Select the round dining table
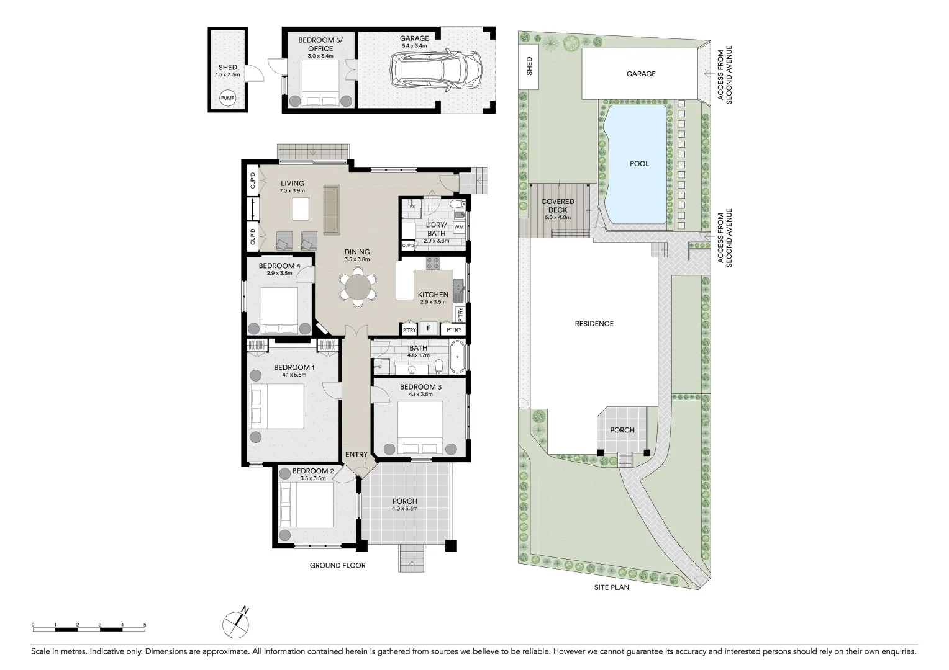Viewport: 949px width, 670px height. [358, 287]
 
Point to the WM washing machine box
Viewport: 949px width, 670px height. [459, 227]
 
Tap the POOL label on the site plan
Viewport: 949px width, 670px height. [639, 164]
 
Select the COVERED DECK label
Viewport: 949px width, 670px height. [558, 206]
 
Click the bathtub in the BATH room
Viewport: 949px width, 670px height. [457, 358]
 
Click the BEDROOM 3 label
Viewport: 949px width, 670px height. [420, 387]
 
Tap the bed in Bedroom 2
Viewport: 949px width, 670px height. [307, 504]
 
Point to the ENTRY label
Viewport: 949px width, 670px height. [356, 455]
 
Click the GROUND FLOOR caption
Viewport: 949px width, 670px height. [338, 565]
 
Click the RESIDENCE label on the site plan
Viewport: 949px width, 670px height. [594, 324]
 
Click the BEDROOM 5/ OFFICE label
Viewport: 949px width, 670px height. [320, 44]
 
